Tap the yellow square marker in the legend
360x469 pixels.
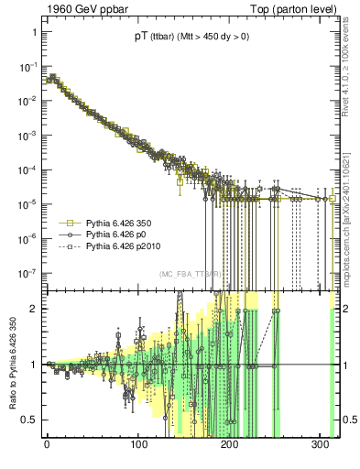click(67, 223)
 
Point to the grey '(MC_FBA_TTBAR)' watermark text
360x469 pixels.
click(190, 275)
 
